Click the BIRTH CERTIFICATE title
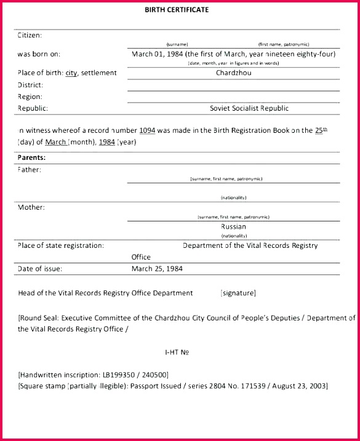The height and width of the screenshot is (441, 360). point(177,10)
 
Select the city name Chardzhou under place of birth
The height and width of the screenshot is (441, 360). point(233,73)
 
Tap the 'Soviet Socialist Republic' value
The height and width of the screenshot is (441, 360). point(249,108)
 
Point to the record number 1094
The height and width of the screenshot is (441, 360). point(147,130)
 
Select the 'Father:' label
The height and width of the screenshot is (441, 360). point(29,169)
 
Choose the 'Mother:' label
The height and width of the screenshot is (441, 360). point(31,207)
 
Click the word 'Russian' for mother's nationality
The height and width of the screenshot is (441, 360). point(233,226)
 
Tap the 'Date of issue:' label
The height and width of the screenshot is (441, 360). point(40,268)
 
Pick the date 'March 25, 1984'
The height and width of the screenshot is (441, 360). point(157,268)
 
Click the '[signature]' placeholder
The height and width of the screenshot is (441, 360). point(238,293)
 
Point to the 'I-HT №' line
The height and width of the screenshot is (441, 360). point(176,352)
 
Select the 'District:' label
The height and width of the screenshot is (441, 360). point(30,85)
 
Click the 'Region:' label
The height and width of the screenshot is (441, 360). point(30,97)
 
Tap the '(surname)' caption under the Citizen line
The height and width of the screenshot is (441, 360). point(177,44)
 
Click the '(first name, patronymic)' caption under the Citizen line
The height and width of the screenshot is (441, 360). point(284,44)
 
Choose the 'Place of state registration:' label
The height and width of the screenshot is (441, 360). point(60,245)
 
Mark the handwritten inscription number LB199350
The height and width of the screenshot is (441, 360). point(118,375)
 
